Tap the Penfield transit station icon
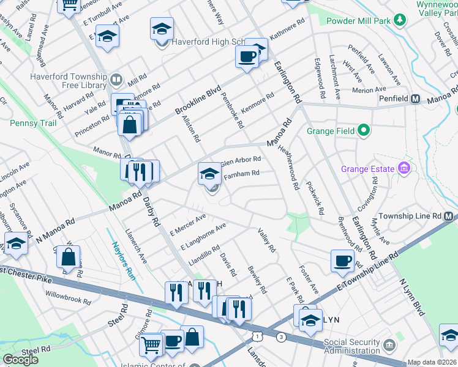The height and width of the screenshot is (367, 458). pos(415,98)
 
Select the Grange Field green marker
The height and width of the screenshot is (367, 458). pos(364,130)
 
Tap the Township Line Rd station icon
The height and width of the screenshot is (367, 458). pos(449,217)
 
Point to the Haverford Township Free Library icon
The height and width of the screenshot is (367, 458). pos(115,80)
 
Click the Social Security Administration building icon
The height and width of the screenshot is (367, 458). pos(388,346)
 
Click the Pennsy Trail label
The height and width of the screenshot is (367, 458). pos(33,123)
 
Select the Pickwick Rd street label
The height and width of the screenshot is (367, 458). pos(314,197)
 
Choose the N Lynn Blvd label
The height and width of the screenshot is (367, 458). pos(412,297)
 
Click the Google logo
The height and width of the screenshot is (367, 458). pos(20,359)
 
